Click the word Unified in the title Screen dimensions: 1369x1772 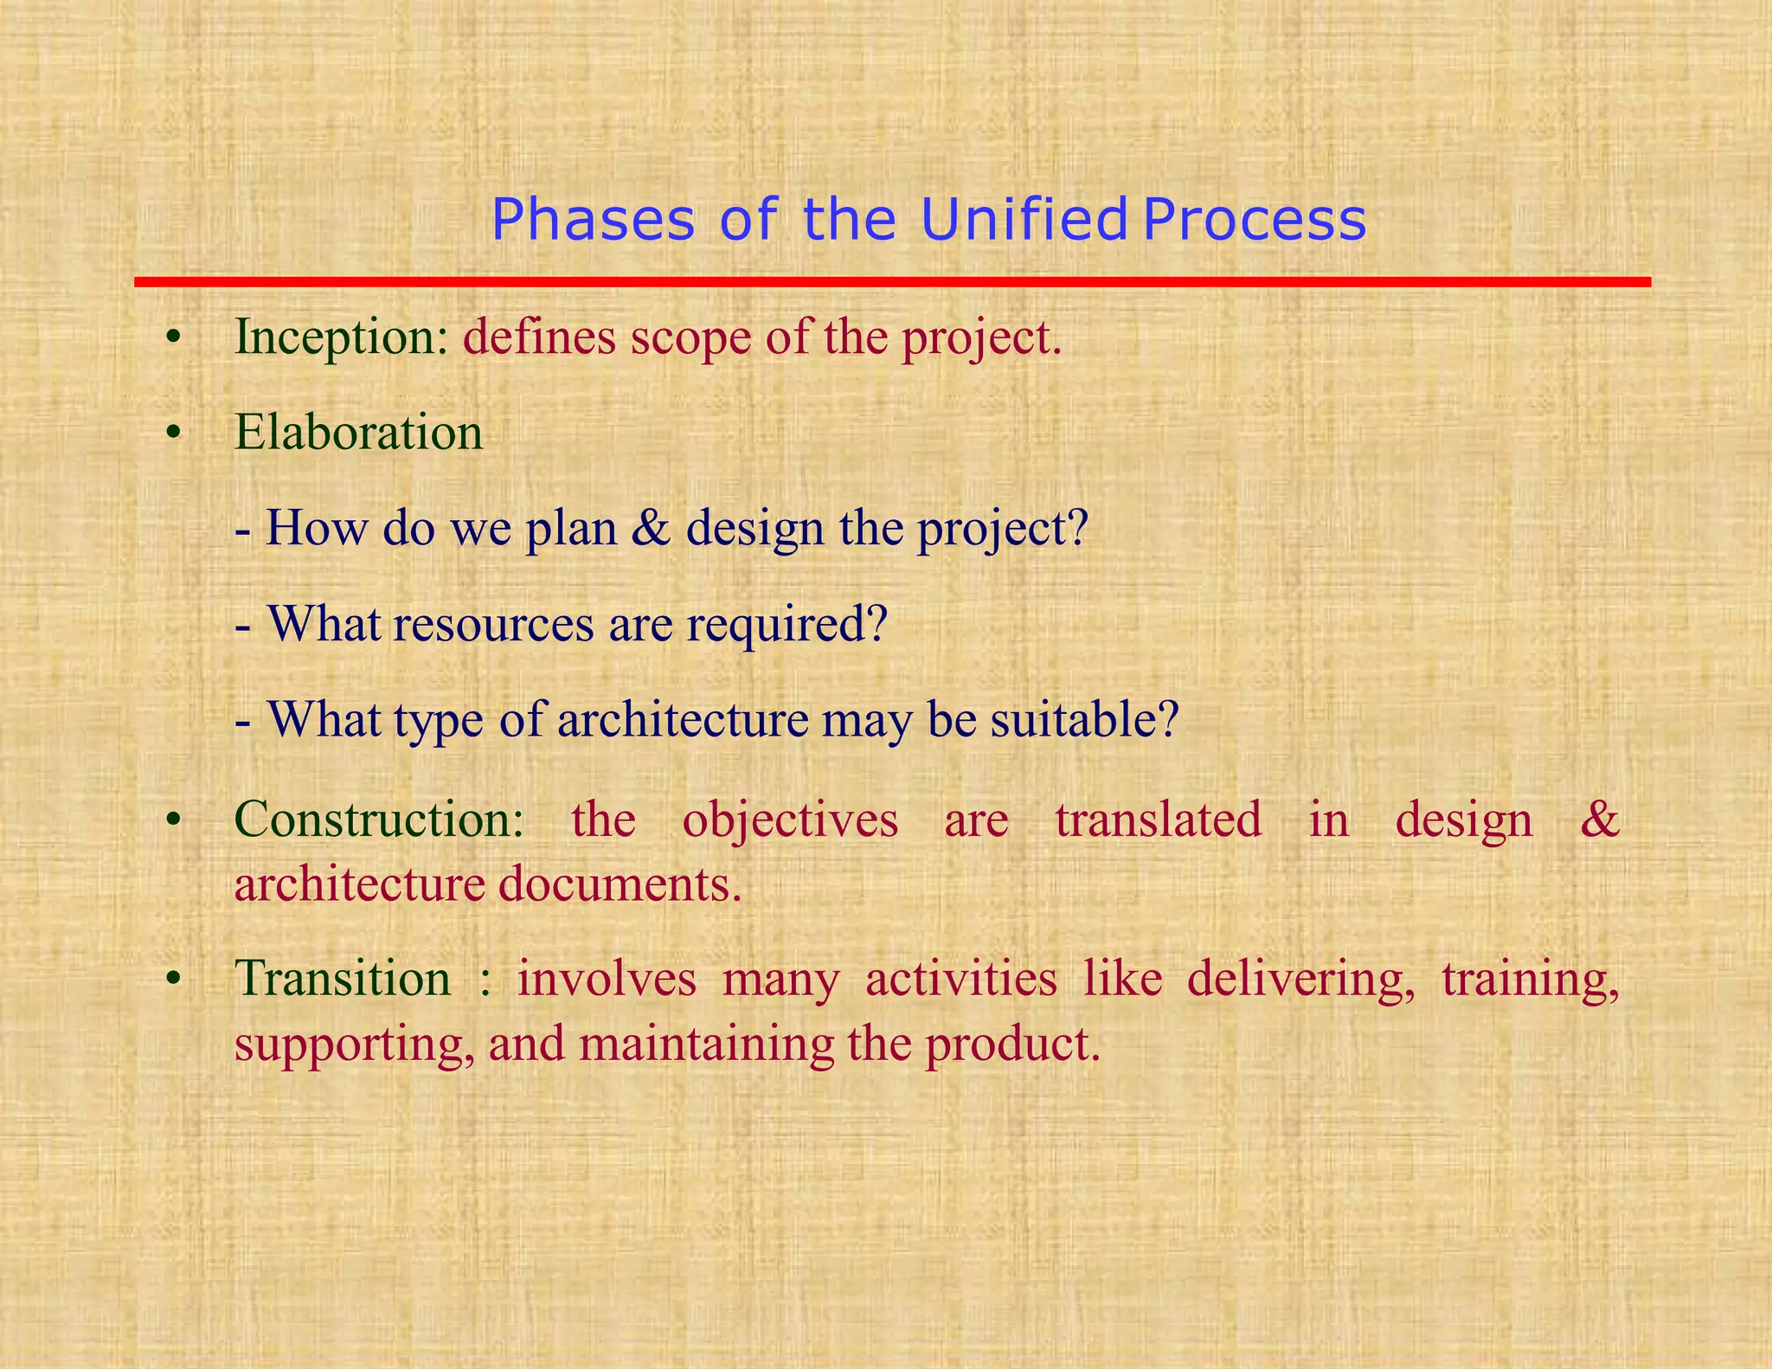(1024, 219)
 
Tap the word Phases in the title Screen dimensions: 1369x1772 (593, 221)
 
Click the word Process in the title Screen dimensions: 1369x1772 (1255, 221)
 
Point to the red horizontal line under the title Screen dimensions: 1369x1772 (892, 282)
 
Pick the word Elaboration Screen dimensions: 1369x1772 (358, 432)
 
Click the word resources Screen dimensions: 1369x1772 (493, 623)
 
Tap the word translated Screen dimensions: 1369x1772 (1159, 819)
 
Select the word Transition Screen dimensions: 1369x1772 (343, 979)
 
